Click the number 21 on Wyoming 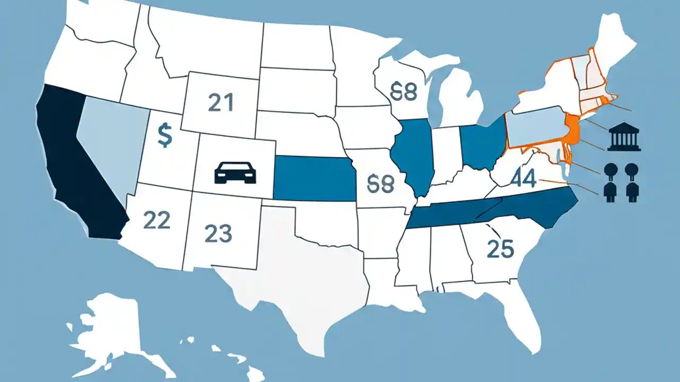pos(221,102)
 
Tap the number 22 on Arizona pos(157,220)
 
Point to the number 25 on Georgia pos(501,248)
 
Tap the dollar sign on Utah pos(165,136)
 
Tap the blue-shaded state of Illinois pos(413,154)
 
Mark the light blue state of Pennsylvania pos(534,127)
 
